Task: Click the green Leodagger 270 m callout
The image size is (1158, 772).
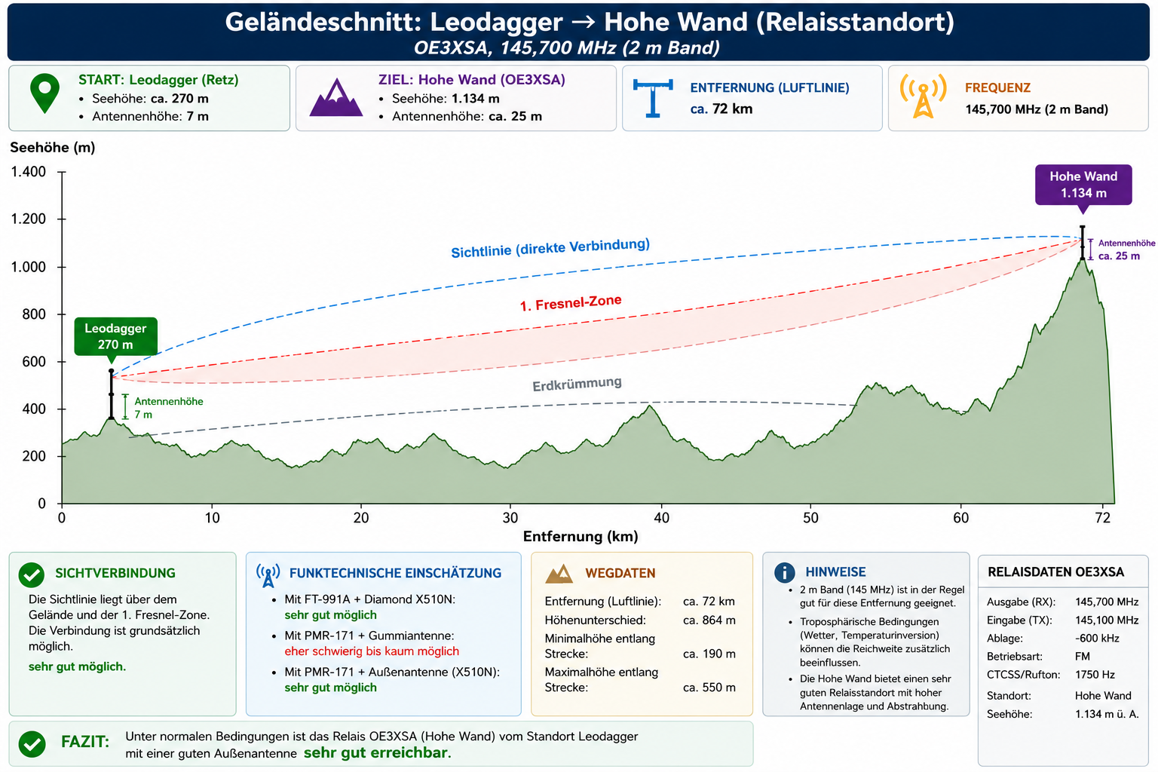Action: point(115,336)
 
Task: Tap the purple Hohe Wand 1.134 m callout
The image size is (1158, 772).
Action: point(1083,185)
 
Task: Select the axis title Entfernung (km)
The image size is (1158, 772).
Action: point(581,537)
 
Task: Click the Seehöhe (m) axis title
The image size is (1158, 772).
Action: point(53,148)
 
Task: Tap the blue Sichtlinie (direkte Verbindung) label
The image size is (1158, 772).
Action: point(550,248)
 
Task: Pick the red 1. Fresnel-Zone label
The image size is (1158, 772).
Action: point(571,303)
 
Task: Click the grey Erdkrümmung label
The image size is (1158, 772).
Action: point(577,384)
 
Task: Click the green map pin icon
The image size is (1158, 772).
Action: point(45,93)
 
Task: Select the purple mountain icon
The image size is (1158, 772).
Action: point(336,97)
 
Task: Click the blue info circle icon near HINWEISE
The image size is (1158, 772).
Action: point(784,572)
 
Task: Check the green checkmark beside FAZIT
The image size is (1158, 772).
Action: point(32,743)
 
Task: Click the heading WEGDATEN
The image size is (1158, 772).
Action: point(620,573)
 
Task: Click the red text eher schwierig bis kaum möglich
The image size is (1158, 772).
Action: point(372,651)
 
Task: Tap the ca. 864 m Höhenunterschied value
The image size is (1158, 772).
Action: point(709,620)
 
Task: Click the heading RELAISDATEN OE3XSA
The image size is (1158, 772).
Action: point(1055,572)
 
